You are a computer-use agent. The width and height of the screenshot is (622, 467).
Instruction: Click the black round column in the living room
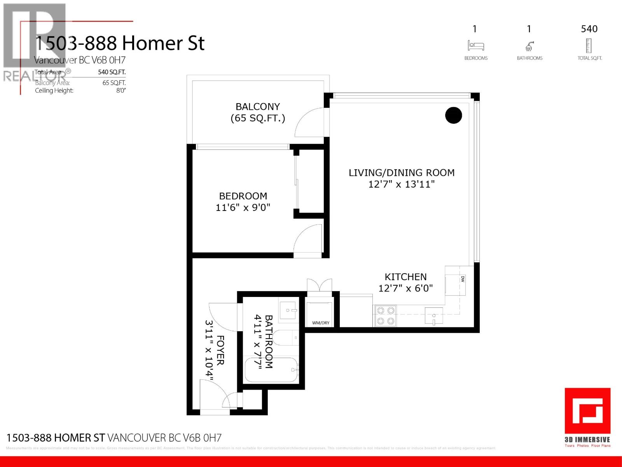pos(453,115)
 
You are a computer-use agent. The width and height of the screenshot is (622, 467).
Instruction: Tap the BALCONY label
pos(258,107)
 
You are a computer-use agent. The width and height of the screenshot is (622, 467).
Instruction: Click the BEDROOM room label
pos(243,196)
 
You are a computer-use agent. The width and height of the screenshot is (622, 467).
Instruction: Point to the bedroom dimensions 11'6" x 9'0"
pos(243,208)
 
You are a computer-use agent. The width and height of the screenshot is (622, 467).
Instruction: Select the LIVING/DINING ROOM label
pos(402,173)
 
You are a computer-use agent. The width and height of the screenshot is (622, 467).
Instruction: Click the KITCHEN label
pos(405,277)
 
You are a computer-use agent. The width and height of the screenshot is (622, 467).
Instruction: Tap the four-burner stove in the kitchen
pos(385,316)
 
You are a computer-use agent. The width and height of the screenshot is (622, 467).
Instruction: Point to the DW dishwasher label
pos(463,279)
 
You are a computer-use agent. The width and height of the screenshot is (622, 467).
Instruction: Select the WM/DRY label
pos(320,323)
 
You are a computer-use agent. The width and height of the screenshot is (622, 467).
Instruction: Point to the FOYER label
pos(220,350)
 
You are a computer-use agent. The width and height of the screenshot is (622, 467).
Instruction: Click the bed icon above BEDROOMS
pos(475,46)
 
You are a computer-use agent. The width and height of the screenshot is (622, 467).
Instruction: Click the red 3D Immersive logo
pos(587,411)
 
